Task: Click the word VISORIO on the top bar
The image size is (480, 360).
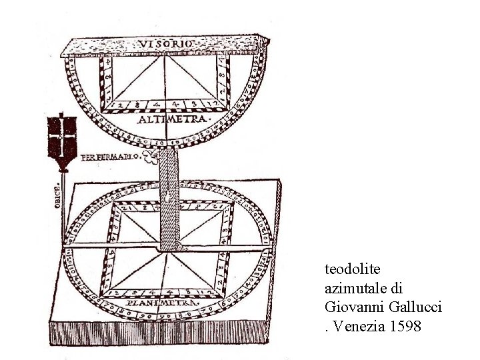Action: coord(167,43)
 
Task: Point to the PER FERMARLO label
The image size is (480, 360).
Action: coord(111,157)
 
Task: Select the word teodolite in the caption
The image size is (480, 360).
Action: coord(352,269)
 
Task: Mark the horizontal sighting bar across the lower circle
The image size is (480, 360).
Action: coord(167,249)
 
